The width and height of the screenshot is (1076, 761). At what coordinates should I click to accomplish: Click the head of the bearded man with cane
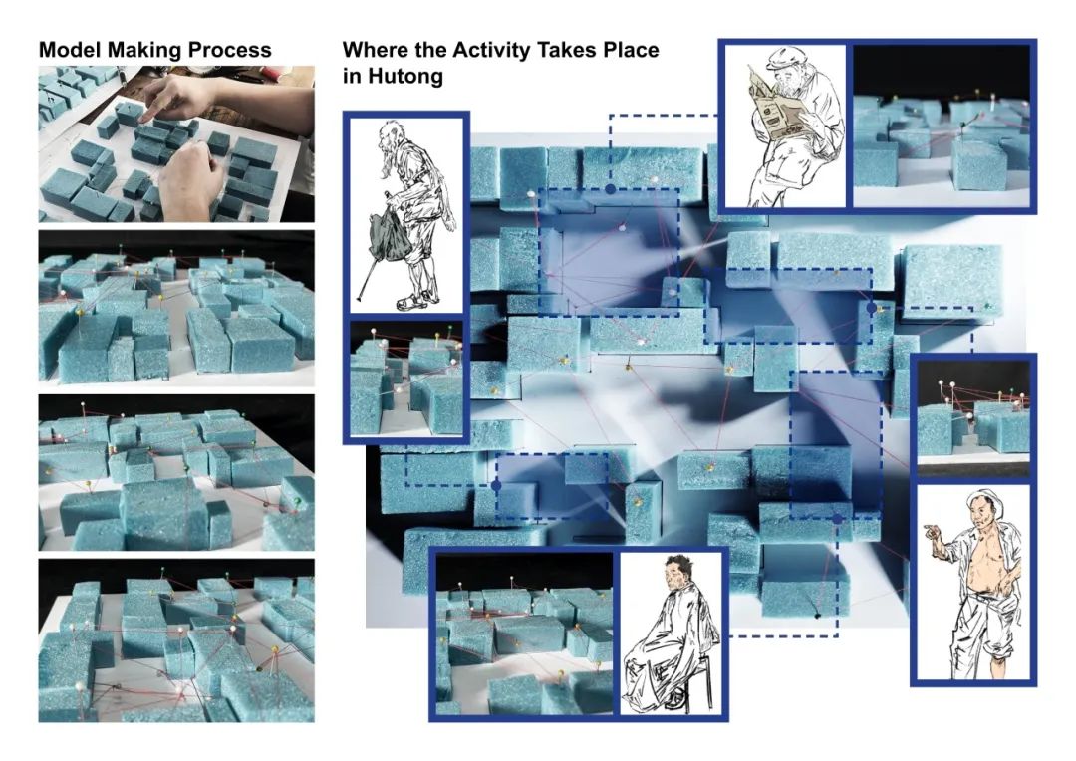pos(394,135)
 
